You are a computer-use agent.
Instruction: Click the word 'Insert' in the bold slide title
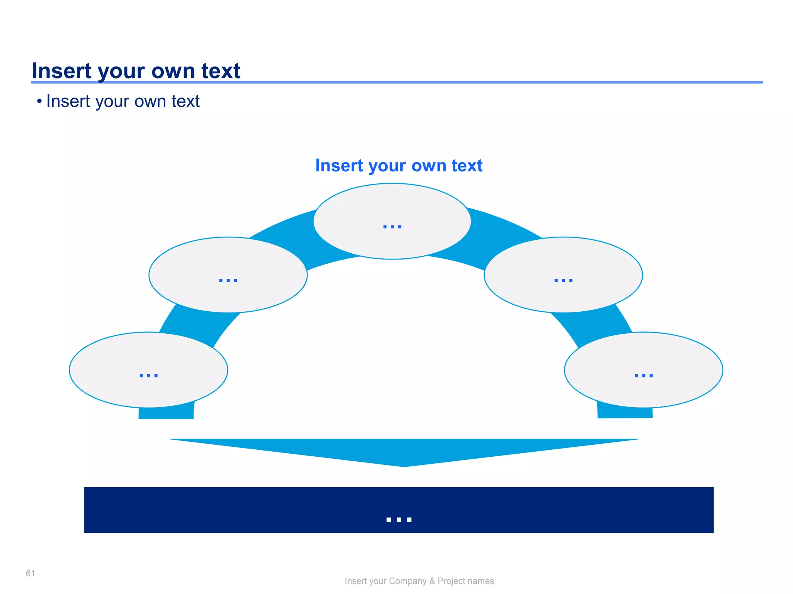pyautogui.click(x=62, y=71)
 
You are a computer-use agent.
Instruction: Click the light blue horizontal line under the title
pyautogui.click(x=465, y=82)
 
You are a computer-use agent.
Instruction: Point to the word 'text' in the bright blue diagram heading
pyautogui.click(x=467, y=166)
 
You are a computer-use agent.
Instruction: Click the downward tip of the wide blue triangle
pyautogui.click(x=404, y=465)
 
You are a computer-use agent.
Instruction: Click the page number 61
pyautogui.click(x=30, y=573)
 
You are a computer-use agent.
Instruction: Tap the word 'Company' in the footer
pyautogui.click(x=407, y=581)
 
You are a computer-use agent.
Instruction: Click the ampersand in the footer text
pyautogui.click(x=432, y=581)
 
